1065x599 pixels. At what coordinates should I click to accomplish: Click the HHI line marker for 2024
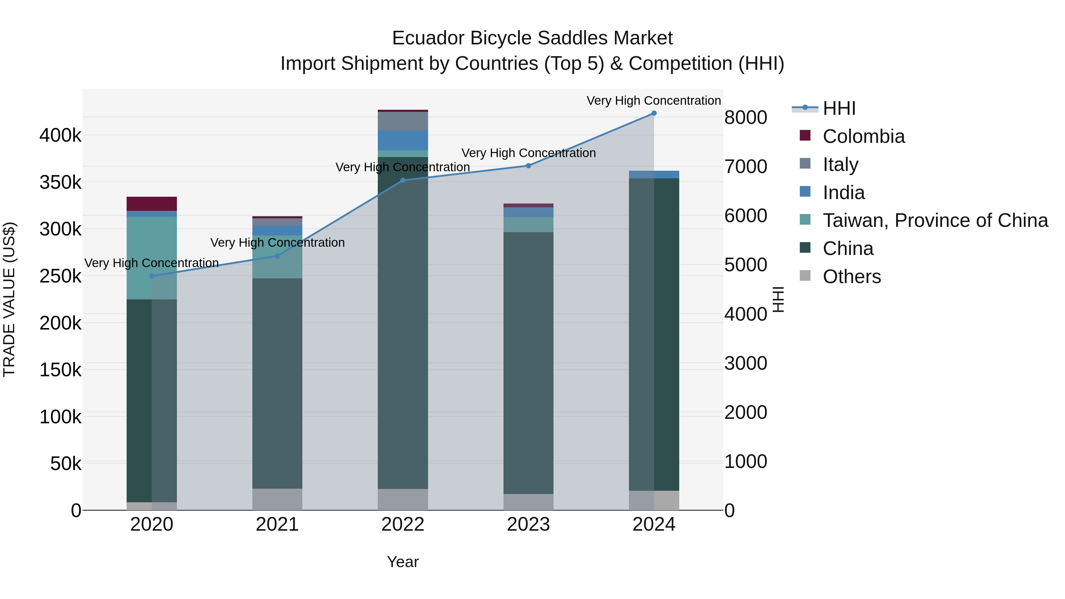coord(653,113)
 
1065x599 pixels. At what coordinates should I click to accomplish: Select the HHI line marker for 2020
coord(152,276)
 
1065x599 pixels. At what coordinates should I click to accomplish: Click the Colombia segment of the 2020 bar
coord(152,204)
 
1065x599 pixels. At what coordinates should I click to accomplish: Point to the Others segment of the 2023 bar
coord(528,502)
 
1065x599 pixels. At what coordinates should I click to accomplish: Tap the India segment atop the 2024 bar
coord(653,175)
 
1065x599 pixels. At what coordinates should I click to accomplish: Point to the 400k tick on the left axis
coord(60,135)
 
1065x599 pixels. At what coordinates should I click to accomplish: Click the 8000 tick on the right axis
coord(745,117)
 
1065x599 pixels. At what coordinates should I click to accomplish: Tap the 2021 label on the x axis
coord(277,524)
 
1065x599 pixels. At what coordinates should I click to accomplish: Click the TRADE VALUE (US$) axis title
coord(9,299)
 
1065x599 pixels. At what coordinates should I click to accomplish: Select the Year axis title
coord(403,562)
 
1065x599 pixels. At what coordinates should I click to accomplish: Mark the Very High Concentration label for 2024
coord(653,101)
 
